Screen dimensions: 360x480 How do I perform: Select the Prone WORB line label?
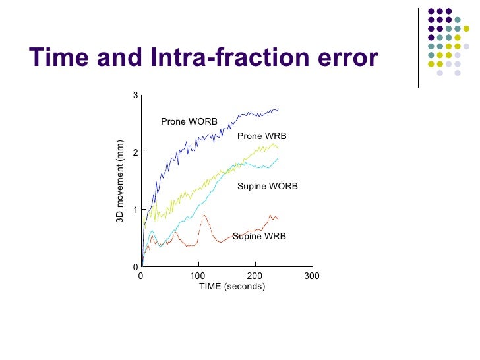pos(189,122)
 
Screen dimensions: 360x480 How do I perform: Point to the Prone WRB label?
pos(262,136)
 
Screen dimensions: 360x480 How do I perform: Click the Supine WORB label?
pos(268,187)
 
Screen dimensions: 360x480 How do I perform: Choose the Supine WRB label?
pos(260,236)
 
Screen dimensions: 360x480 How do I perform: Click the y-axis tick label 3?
pos(135,96)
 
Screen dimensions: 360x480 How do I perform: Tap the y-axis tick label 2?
pos(135,152)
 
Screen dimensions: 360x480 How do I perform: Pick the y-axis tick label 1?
pos(135,210)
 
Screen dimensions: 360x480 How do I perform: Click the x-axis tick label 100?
pos(198,276)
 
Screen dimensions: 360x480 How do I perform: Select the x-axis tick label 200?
pos(255,276)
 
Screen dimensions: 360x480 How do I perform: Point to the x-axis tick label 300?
pos(312,276)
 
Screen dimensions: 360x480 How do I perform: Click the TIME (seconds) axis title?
pos(232,287)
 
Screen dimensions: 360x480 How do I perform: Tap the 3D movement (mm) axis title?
pos(121,181)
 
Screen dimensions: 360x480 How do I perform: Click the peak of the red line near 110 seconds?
pos(204,215)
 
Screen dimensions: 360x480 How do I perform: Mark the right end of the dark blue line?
pos(278,109)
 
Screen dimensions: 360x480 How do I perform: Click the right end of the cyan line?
pos(278,158)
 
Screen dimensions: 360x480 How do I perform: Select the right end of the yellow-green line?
pos(278,147)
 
